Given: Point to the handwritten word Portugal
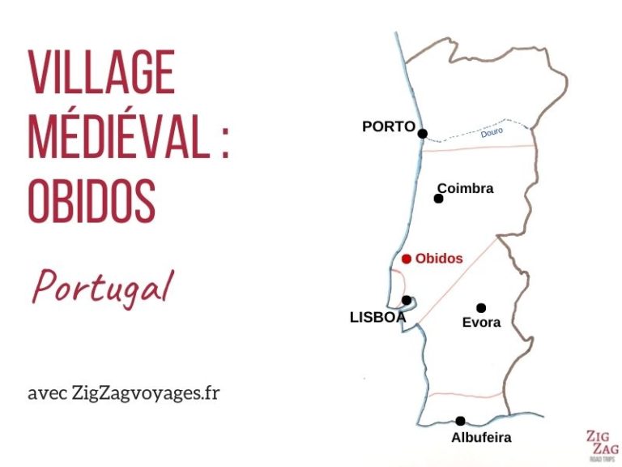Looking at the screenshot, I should tap(103, 288).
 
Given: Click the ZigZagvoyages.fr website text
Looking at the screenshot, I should tap(146, 393).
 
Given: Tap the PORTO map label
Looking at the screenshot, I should tap(388, 126).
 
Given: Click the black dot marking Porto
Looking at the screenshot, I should tap(422, 134).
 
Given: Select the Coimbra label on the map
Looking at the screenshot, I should tap(465, 188).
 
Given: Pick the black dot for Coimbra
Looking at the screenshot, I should tap(439, 198).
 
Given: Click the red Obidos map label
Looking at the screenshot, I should tap(439, 259).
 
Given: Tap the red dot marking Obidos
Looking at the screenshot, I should tap(406, 259).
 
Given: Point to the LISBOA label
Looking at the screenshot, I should tap(377, 318).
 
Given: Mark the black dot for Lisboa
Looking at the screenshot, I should tap(407, 300).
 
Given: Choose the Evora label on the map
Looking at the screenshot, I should tap(481, 322).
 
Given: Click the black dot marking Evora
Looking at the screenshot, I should tap(481, 307).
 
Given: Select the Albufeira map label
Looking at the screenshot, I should tap(481, 438).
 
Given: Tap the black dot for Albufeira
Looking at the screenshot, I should tap(460, 421).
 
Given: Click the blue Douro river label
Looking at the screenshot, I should tap(492, 132).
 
